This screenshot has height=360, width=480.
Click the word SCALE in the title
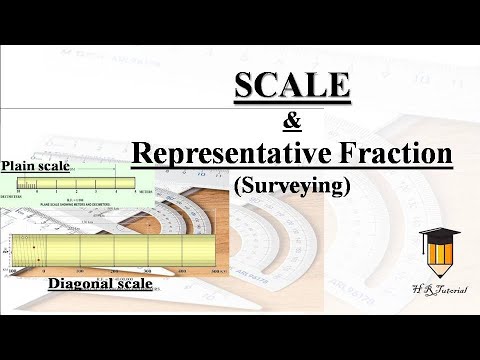[292, 88]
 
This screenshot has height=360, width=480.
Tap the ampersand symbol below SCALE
[293, 122]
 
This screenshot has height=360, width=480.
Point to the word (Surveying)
[292, 186]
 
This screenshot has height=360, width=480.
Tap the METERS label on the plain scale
[147, 190]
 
